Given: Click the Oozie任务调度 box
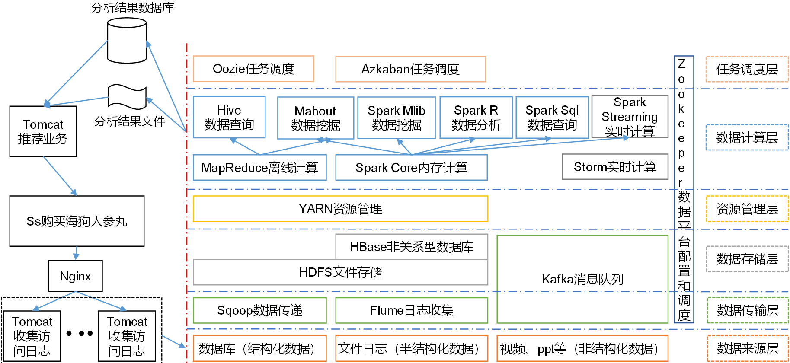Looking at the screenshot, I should pyautogui.click(x=253, y=69).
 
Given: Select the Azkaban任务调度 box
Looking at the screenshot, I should pyautogui.click(x=410, y=69).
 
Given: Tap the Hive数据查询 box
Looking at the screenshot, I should pyautogui.click(x=229, y=117).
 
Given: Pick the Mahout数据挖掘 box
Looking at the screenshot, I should pyautogui.click(x=315, y=118).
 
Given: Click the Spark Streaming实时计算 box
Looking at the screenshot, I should pyautogui.click(x=630, y=117).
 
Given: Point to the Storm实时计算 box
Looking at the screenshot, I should pyautogui.click(x=615, y=167).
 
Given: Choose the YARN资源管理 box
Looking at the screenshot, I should pyautogui.click(x=340, y=209).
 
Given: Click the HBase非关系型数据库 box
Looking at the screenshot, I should pyautogui.click(x=411, y=247).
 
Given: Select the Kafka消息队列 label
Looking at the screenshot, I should pyautogui.click(x=582, y=279).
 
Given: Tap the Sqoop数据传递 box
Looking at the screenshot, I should pyautogui.click(x=259, y=310).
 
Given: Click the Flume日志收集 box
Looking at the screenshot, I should pyautogui.click(x=411, y=310).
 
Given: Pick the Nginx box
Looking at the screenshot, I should pyautogui.click(x=75, y=276).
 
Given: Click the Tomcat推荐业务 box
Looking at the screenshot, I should pyautogui.click(x=43, y=131).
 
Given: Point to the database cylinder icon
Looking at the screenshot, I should pyautogui.click(x=127, y=41).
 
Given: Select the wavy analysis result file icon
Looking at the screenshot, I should pyautogui.click(x=127, y=97).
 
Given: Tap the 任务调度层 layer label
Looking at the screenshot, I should pyautogui.click(x=747, y=69).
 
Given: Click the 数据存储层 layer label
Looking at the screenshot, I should pyautogui.click(x=747, y=259).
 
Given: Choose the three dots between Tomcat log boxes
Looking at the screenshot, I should pyautogui.click(x=80, y=334).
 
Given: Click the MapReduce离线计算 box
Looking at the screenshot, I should pyautogui.click(x=259, y=168).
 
